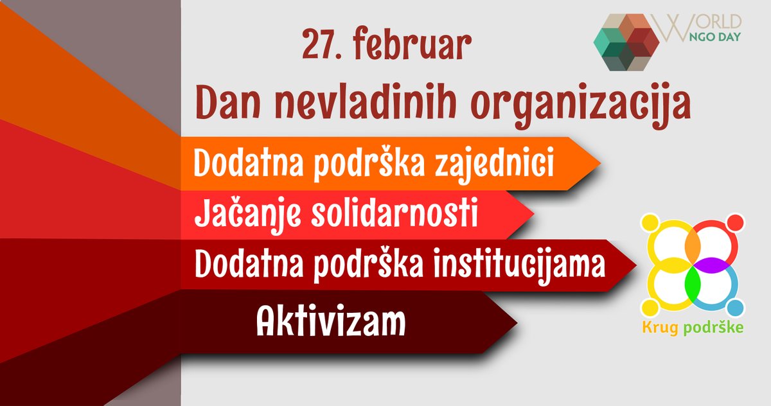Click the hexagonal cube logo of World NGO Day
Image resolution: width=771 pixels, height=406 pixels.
click(x=626, y=40)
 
